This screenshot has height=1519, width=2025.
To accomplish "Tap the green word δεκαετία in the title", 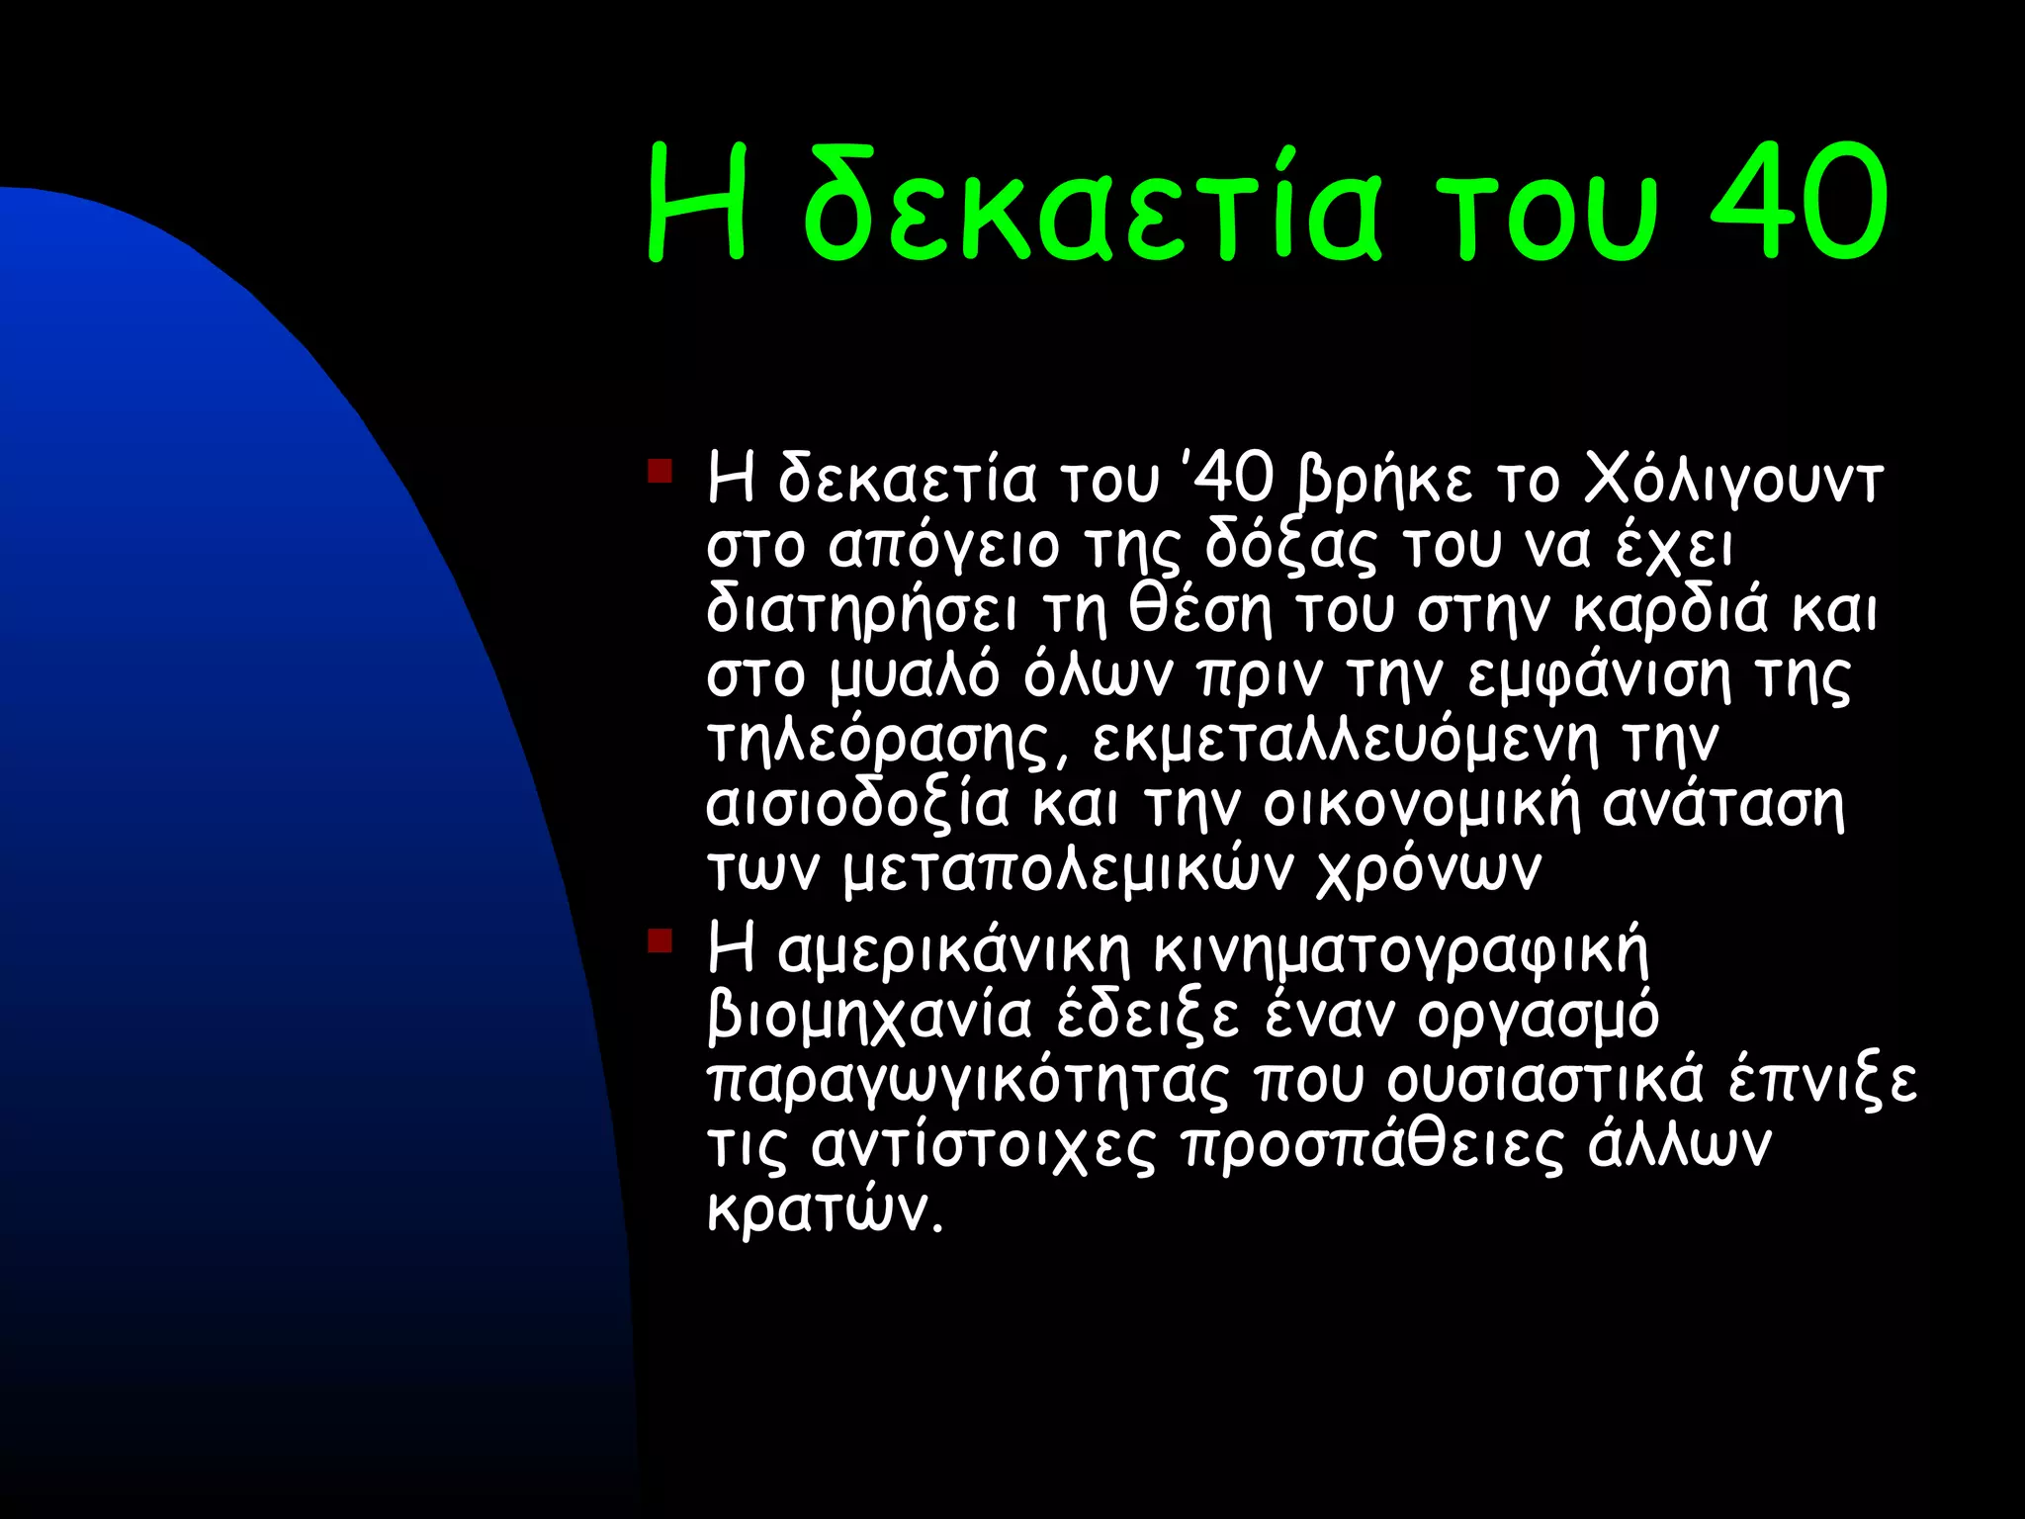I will point(1093,208).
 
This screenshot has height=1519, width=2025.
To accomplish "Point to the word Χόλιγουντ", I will point(1732,481).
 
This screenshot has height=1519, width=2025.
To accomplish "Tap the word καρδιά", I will point(1670,610).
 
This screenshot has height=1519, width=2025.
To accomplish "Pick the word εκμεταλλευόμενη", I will point(1345,741).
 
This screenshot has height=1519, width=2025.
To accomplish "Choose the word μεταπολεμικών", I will point(1068,871).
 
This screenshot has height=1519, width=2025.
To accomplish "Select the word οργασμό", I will point(1539,1016).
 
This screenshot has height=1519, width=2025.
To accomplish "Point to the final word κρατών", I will point(824,1210).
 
